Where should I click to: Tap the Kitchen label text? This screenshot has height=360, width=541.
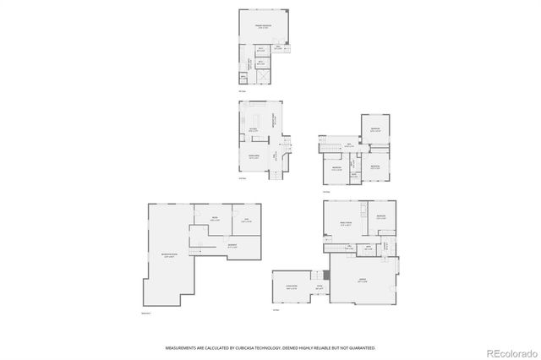click(x=253, y=130)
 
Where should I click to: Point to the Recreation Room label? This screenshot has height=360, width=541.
click(x=169, y=254)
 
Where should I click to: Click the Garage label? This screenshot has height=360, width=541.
click(x=362, y=281)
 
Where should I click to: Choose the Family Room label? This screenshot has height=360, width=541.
click(x=345, y=223)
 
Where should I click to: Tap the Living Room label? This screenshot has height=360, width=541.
click(x=292, y=287)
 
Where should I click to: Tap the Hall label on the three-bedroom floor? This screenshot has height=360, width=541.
click(x=347, y=145)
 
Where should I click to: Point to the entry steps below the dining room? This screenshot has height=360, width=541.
click(x=273, y=176)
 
